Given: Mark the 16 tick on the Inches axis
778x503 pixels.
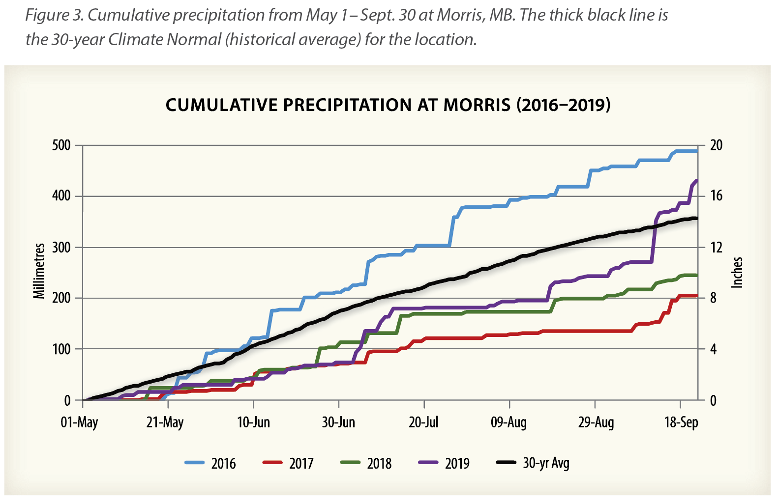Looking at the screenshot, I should [x=717, y=196].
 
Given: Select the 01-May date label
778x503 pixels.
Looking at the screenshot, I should [x=79, y=422].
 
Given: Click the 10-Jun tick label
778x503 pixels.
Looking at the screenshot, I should [x=253, y=422].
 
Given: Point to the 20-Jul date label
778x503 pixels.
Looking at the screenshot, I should [x=423, y=422].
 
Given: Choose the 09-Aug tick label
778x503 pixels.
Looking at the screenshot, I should [x=509, y=422].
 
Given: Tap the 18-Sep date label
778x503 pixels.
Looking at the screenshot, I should [x=681, y=422].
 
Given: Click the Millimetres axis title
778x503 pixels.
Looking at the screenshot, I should [x=39, y=271].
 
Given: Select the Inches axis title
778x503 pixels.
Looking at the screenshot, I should [x=737, y=272].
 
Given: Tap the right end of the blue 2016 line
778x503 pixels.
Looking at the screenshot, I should [x=697, y=151].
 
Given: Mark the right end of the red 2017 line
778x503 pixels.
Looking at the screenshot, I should [x=697, y=295].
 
